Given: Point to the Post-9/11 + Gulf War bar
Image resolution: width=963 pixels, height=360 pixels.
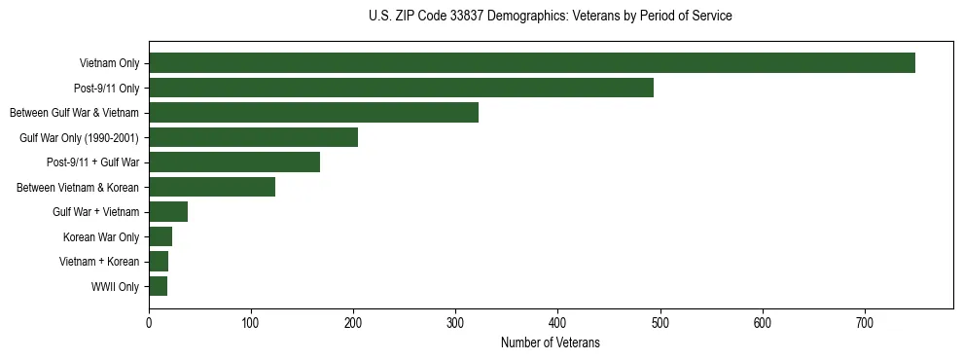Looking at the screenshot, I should (x=234, y=162).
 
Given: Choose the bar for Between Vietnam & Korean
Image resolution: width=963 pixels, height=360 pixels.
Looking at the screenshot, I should (x=212, y=187).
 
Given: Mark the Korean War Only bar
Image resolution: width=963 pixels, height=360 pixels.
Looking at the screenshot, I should (x=160, y=236).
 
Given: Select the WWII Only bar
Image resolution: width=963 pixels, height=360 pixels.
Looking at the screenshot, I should (x=158, y=286).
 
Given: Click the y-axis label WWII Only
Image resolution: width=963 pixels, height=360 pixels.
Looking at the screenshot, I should (x=115, y=287).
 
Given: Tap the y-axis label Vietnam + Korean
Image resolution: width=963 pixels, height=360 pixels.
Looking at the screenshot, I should (x=99, y=262).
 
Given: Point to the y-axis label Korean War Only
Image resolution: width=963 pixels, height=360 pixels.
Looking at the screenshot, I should (x=101, y=236).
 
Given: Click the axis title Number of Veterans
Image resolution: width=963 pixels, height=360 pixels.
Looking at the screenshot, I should (x=550, y=342).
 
